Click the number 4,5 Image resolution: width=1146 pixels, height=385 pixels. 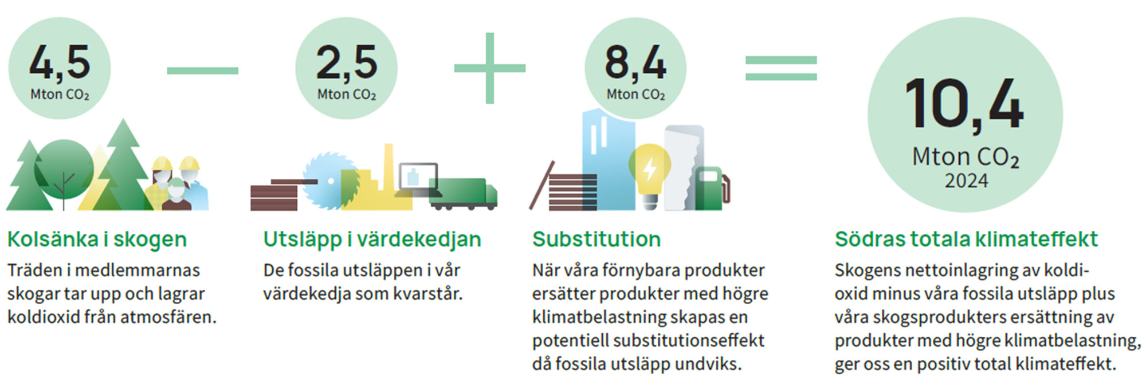tap(60, 62)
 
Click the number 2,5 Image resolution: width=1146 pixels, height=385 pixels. tap(347, 62)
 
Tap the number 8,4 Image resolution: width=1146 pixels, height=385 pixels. tap(635, 62)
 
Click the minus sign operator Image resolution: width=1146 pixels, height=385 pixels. tap(202, 70)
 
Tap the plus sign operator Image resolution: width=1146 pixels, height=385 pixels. tap(490, 68)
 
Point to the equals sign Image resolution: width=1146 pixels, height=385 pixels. tap(781, 68)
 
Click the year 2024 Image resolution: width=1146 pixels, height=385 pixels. tap(966, 181)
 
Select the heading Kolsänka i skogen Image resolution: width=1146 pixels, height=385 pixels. tap(97, 239)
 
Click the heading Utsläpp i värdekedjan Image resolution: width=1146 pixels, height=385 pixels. tap(372, 239)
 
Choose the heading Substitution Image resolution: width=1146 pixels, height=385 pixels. tap(596, 239)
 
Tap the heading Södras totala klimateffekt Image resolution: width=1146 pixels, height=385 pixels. tap(966, 239)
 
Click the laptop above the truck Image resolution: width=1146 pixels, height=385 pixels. tap(417, 179)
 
